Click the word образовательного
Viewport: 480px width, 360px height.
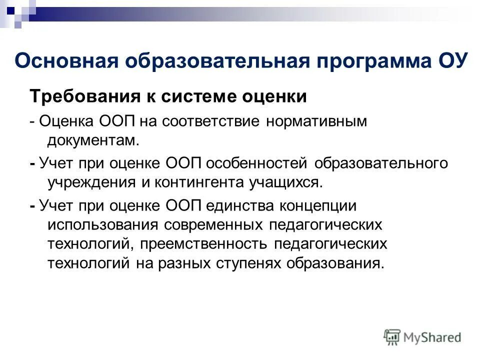click(x=381, y=163)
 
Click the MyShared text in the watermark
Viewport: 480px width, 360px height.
click(x=432, y=337)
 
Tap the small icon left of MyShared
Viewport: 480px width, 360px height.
click(x=392, y=337)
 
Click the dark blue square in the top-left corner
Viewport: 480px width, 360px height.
click(x=10, y=8)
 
